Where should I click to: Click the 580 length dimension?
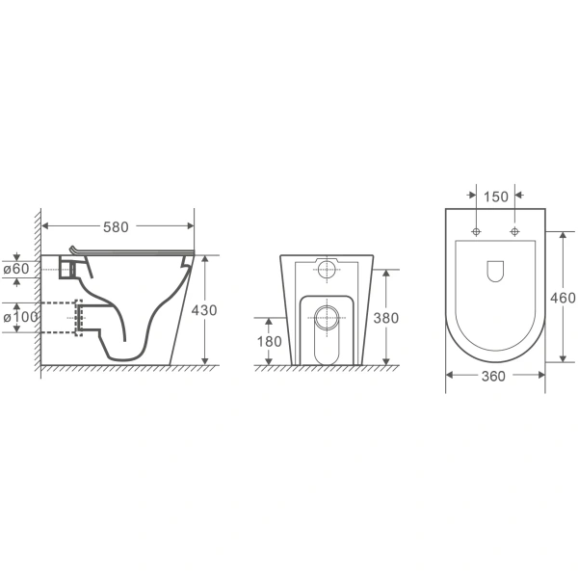pos(116,227)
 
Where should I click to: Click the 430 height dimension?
pos(204,310)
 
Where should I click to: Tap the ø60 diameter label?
pos(16,269)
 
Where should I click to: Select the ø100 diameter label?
pos(20,317)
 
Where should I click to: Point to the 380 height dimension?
pos(386,318)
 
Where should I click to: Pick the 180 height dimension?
pos(270,342)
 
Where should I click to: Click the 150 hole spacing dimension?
pos(496,197)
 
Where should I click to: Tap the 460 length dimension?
pos(563,298)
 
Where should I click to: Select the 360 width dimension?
pos(493,377)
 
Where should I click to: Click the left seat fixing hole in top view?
pos(476,231)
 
